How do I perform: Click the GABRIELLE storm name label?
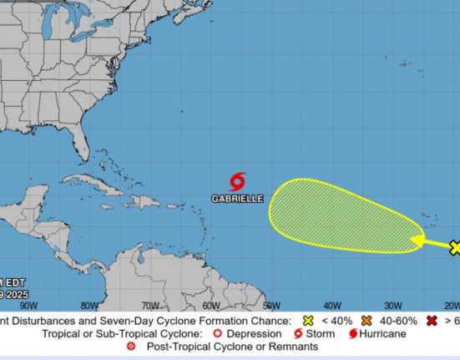[238, 199]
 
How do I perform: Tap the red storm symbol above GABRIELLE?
[238, 181]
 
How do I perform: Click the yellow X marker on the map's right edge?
[455, 247]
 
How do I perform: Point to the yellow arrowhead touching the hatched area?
[413, 242]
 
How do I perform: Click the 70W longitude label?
[150, 306]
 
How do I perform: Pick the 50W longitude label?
[271, 306]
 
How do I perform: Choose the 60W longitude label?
[211, 306]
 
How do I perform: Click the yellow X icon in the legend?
[307, 321]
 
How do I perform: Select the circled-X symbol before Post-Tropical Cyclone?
[130, 347]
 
